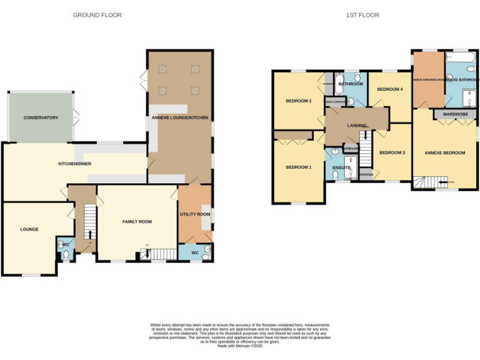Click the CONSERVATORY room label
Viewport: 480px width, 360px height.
tap(41, 117)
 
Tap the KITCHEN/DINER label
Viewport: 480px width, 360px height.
tap(75, 163)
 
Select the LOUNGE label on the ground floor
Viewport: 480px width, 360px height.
tap(29, 229)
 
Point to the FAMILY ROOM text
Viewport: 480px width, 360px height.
tap(137, 222)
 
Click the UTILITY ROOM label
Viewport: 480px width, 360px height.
tap(195, 214)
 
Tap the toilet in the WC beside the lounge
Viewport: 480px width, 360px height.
tap(66, 254)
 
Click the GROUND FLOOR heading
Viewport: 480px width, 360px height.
tap(97, 15)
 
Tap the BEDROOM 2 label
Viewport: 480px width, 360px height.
tap(298, 101)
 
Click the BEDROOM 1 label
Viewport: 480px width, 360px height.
tap(298, 167)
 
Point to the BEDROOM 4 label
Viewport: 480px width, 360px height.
tap(389, 89)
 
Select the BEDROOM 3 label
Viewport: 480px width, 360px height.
tap(392, 152)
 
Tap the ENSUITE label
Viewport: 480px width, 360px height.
tap(341, 167)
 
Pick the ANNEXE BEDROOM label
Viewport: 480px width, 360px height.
tap(444, 152)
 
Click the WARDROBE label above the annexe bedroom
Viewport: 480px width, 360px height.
tap(456, 114)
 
